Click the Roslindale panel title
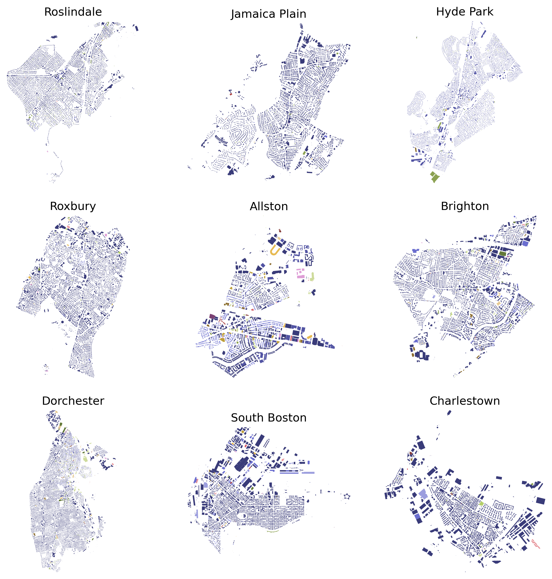[x=73, y=12]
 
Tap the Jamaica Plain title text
[x=268, y=14]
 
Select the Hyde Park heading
[x=465, y=12]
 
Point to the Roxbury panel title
[x=73, y=206]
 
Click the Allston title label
[x=269, y=207]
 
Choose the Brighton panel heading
[x=465, y=206]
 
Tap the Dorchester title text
[x=73, y=401]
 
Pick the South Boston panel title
[x=268, y=418]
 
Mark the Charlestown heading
[x=465, y=401]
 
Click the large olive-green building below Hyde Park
[x=435, y=177]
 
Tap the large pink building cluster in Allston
[x=300, y=273]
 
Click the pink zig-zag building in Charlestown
[x=536, y=544]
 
